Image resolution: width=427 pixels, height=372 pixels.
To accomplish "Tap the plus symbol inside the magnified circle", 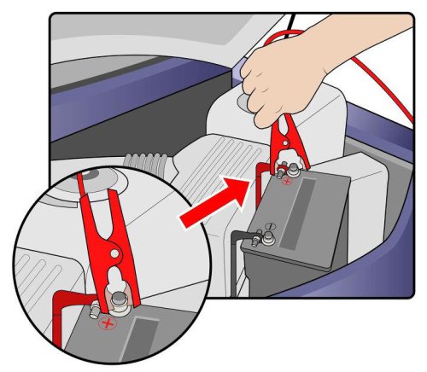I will (x=106, y=324).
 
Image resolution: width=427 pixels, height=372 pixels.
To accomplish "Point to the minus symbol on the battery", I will (x=267, y=227).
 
